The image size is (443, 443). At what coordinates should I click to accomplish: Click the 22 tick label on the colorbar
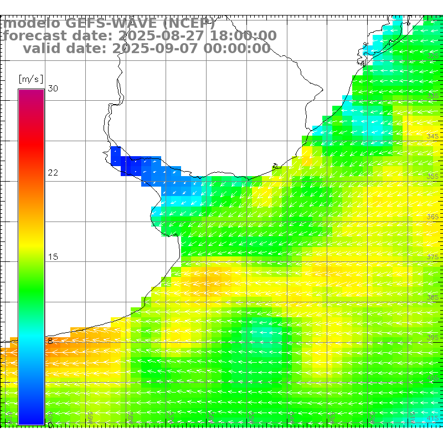pyautogui.click(x=53, y=173)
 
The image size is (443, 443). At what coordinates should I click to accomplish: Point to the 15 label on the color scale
pyautogui.click(x=53, y=257)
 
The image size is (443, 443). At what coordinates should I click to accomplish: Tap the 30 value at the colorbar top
pyautogui.click(x=53, y=89)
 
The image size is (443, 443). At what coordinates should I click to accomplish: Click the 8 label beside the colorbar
pyautogui.click(x=50, y=341)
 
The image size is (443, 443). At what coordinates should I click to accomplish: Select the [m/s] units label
pyautogui.click(x=30, y=79)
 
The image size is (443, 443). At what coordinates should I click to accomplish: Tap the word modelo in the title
pyautogui.click(x=32, y=24)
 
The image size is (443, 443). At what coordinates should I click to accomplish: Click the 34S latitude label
pyautogui.click(x=433, y=136)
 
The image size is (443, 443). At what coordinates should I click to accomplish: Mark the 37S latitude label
pyautogui.click(x=433, y=257)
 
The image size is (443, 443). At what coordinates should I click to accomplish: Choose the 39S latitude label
pyautogui.click(x=433, y=337)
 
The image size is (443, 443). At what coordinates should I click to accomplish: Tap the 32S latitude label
pyautogui.click(x=433, y=56)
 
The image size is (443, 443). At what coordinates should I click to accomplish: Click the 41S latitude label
pyautogui.click(x=433, y=418)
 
